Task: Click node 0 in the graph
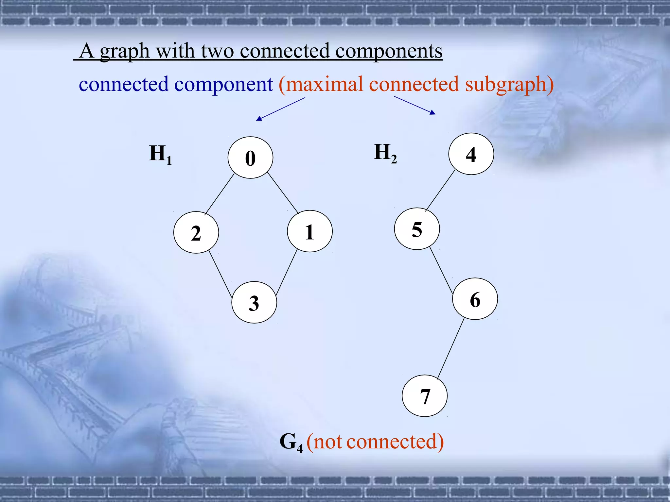pyautogui.click(x=250, y=158)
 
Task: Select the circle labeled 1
pyautogui.click(x=309, y=231)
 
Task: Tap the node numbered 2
pyautogui.click(x=196, y=232)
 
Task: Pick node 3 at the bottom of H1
pyautogui.click(x=254, y=302)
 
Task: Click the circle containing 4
pyautogui.click(x=471, y=154)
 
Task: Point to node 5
pyautogui.click(x=417, y=229)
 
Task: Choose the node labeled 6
pyautogui.click(x=475, y=299)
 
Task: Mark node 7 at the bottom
pyautogui.click(x=425, y=396)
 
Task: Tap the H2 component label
pyautogui.click(x=385, y=153)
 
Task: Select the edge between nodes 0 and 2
pyautogui.click(x=220, y=194)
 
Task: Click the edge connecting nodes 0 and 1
pyautogui.click(x=283, y=193)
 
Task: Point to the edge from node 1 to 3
pyautogui.click(x=287, y=272)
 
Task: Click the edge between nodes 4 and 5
pyautogui.click(x=440, y=191)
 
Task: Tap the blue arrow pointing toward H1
pyautogui.click(x=280, y=109)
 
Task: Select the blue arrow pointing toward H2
pyautogui.click(x=415, y=105)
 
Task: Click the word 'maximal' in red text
pyautogui.click(x=324, y=84)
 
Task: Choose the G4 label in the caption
pyautogui.click(x=291, y=442)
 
